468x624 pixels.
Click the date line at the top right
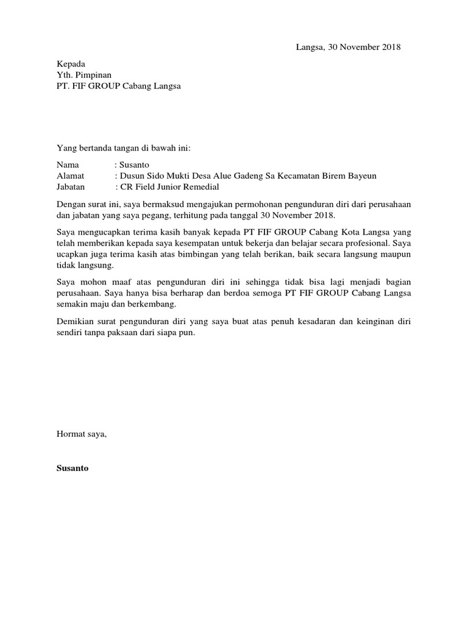pyautogui.click(x=348, y=48)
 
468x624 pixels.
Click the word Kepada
pyautogui.click(x=71, y=64)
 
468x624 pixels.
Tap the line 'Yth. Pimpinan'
pyautogui.click(x=84, y=75)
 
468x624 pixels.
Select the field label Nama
pyautogui.click(x=68, y=165)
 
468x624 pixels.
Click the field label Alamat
pyautogui.click(x=70, y=176)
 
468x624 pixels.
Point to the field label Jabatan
pyautogui.click(x=71, y=187)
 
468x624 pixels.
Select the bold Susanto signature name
pyautogui.click(x=73, y=469)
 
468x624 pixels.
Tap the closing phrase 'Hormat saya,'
pyautogui.click(x=81, y=434)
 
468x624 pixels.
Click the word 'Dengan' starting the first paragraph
pyautogui.click(x=70, y=205)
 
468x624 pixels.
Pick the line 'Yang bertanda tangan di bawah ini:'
pyautogui.click(x=124, y=147)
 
